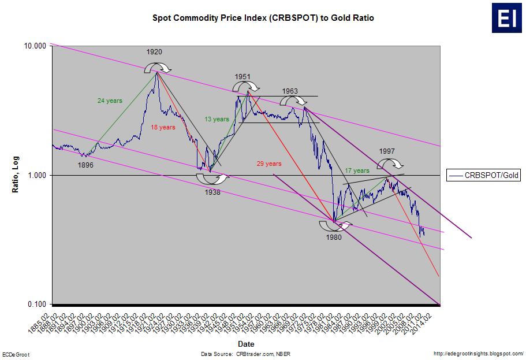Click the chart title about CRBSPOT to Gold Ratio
coord(263,18)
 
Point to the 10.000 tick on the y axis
coord(34,46)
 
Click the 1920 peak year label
coord(154,52)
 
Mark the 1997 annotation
coord(388,151)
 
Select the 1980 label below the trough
coord(333,237)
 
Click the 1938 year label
coord(212,192)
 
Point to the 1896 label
coord(86,165)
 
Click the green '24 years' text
coord(110,101)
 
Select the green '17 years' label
coord(356,170)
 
